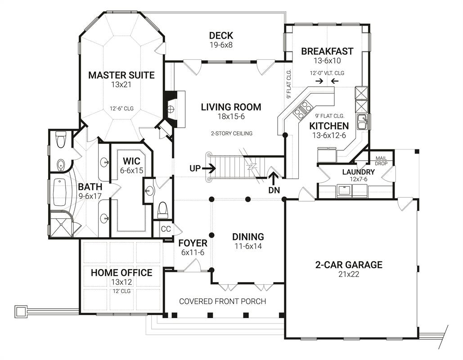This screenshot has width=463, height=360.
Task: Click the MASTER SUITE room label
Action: (121, 75)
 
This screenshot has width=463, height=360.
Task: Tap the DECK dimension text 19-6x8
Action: (221, 45)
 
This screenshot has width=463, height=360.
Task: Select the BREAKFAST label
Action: (327, 51)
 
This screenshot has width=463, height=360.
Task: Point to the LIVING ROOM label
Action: (231, 107)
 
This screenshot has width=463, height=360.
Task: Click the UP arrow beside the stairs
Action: (209, 168)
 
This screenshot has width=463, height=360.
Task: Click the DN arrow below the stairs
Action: (274, 178)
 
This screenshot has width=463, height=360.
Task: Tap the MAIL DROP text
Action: (381, 161)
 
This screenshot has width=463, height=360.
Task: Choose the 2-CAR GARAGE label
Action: (349, 265)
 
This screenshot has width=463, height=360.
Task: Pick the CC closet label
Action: (166, 229)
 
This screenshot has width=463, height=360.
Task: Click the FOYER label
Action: (193, 243)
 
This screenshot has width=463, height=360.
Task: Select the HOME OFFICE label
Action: (121, 273)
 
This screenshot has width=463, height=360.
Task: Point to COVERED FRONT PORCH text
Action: (223, 301)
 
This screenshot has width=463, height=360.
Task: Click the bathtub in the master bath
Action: (60, 193)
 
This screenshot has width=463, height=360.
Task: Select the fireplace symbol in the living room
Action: (170, 109)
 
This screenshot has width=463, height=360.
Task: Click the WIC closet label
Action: (131, 161)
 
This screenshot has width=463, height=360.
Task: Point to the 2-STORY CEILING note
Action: (231, 134)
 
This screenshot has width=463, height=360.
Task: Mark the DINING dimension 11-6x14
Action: (248, 246)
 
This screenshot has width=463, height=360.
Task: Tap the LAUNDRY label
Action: (358, 172)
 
